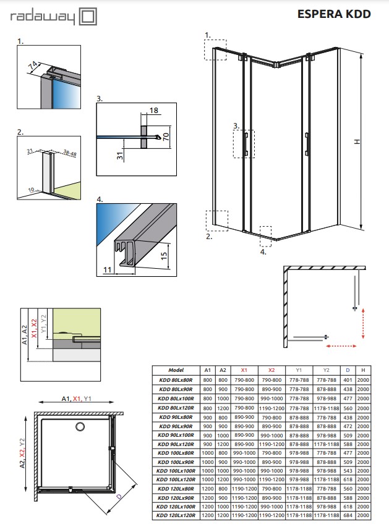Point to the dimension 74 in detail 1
33,64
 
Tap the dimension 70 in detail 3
166,137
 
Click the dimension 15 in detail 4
165,255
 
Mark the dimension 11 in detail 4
106,269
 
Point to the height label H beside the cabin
357,141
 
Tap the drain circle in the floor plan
80,426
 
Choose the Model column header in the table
176,369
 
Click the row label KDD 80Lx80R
176,380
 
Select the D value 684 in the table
348,514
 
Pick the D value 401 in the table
348,380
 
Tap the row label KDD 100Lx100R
176,471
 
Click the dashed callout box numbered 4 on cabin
266,232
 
